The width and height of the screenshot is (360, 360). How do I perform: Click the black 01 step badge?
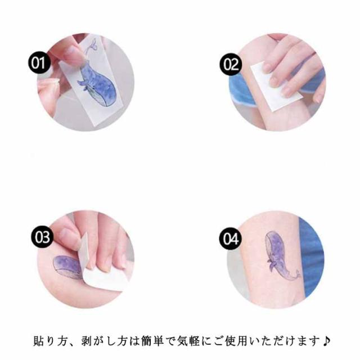pyautogui.click(x=39, y=62)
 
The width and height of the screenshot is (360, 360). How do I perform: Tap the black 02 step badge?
pyautogui.click(x=231, y=64)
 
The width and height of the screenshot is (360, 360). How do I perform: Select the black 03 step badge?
pyautogui.click(x=42, y=237)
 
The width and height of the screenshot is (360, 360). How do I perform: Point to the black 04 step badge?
pyautogui.click(x=231, y=238)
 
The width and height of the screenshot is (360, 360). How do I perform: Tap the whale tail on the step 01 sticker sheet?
pyautogui.click(x=91, y=46)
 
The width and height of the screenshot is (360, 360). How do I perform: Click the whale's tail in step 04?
pyautogui.click(x=296, y=275)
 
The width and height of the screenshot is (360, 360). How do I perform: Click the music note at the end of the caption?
pyautogui.click(x=326, y=341)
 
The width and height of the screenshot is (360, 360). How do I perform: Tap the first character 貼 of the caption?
pyautogui.click(x=38, y=341)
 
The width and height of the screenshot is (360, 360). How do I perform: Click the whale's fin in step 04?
pyautogui.click(x=271, y=264)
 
